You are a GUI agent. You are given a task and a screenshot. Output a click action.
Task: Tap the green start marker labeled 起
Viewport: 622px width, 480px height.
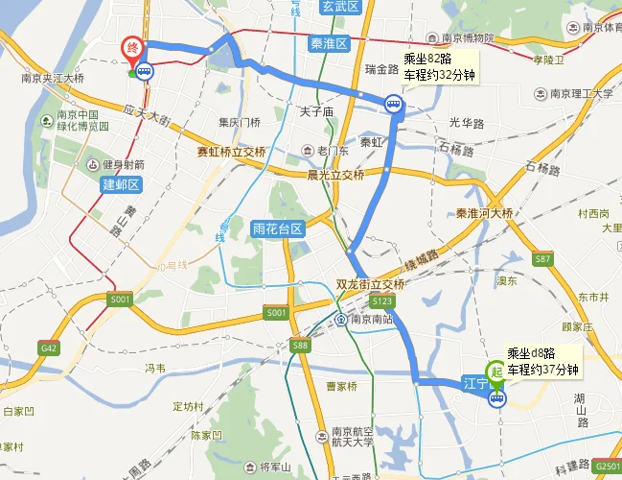496,369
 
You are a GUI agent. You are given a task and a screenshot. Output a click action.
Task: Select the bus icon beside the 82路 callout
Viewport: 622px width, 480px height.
393,104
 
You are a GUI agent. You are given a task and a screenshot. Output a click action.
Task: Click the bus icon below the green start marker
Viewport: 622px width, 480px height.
496,399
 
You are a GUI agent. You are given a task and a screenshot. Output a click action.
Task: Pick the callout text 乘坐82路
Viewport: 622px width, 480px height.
427,58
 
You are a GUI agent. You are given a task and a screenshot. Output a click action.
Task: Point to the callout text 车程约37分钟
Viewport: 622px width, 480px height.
542,370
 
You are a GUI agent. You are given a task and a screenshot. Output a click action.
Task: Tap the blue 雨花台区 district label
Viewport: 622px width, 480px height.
277,229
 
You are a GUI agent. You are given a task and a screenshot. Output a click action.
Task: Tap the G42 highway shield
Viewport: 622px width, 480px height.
49,346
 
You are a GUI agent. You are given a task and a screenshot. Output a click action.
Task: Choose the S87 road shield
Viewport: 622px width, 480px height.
543,260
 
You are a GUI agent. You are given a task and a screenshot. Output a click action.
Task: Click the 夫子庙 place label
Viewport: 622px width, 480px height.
316,112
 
